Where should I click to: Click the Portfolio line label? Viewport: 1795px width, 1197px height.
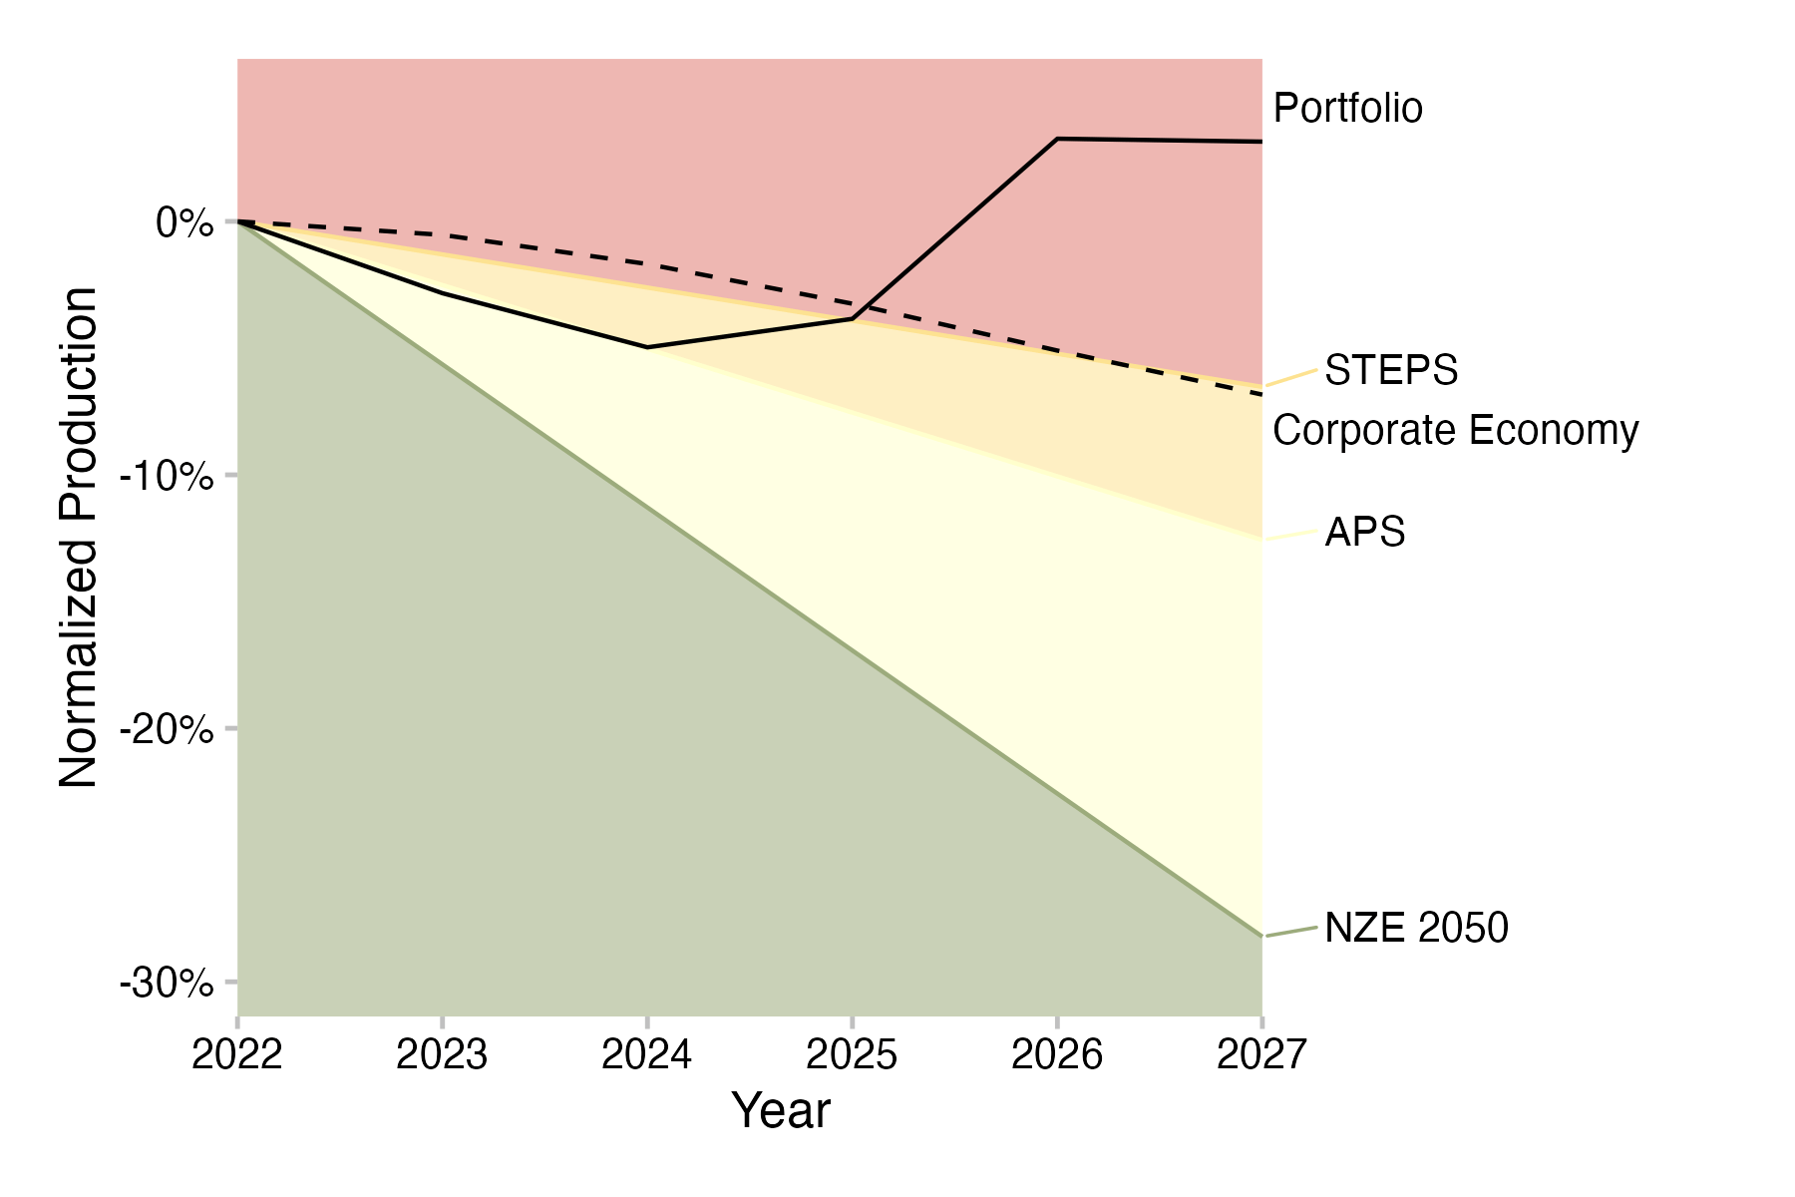[1347, 109]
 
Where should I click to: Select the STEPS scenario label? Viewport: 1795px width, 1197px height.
[1391, 371]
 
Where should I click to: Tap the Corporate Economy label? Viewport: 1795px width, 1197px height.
[1455, 431]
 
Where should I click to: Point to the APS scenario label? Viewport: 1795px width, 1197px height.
[1364, 533]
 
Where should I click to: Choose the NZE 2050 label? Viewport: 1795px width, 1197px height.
[1416, 929]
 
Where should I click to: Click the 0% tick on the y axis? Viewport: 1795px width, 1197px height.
[184, 222]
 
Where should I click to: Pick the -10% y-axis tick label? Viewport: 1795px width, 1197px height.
[167, 477]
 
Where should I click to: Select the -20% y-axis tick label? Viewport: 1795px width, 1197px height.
[167, 730]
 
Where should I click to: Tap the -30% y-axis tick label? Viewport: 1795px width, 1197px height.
[167, 985]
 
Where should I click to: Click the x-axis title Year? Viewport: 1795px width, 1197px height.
[781, 1111]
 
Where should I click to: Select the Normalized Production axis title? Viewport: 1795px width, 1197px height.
[79, 538]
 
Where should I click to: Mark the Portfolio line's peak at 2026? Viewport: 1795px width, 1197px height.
[1057, 139]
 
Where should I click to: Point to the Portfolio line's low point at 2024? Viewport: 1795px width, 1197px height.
[647, 347]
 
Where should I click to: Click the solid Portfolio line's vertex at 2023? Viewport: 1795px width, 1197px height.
[442, 293]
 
